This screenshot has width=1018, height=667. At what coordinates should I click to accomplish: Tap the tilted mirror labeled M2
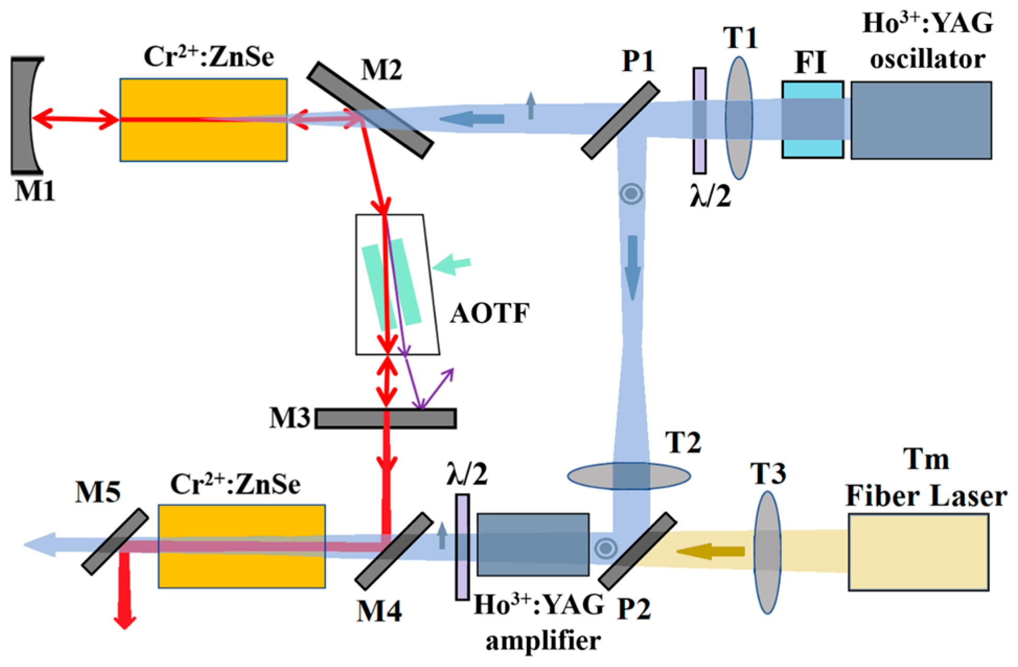click(370, 110)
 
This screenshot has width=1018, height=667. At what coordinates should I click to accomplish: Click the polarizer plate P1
click(620, 119)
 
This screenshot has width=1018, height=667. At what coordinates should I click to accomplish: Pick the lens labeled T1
click(739, 118)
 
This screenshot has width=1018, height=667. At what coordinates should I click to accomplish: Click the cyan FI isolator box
click(813, 120)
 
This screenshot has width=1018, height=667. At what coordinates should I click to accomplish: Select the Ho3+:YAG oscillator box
click(921, 120)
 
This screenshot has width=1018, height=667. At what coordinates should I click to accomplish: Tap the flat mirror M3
click(386, 418)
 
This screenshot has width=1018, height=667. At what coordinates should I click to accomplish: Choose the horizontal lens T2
click(629, 476)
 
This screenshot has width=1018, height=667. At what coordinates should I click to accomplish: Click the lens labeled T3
click(767, 553)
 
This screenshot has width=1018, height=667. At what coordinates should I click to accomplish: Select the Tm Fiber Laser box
click(918, 552)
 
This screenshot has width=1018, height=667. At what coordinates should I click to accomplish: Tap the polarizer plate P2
click(638, 551)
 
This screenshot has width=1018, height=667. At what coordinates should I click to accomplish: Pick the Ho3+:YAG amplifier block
click(533, 545)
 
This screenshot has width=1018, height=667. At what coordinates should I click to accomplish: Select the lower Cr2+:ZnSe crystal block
click(242, 546)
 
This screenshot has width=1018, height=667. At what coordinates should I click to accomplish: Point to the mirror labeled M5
click(114, 542)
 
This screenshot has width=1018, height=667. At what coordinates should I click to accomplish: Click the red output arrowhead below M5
click(125, 622)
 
